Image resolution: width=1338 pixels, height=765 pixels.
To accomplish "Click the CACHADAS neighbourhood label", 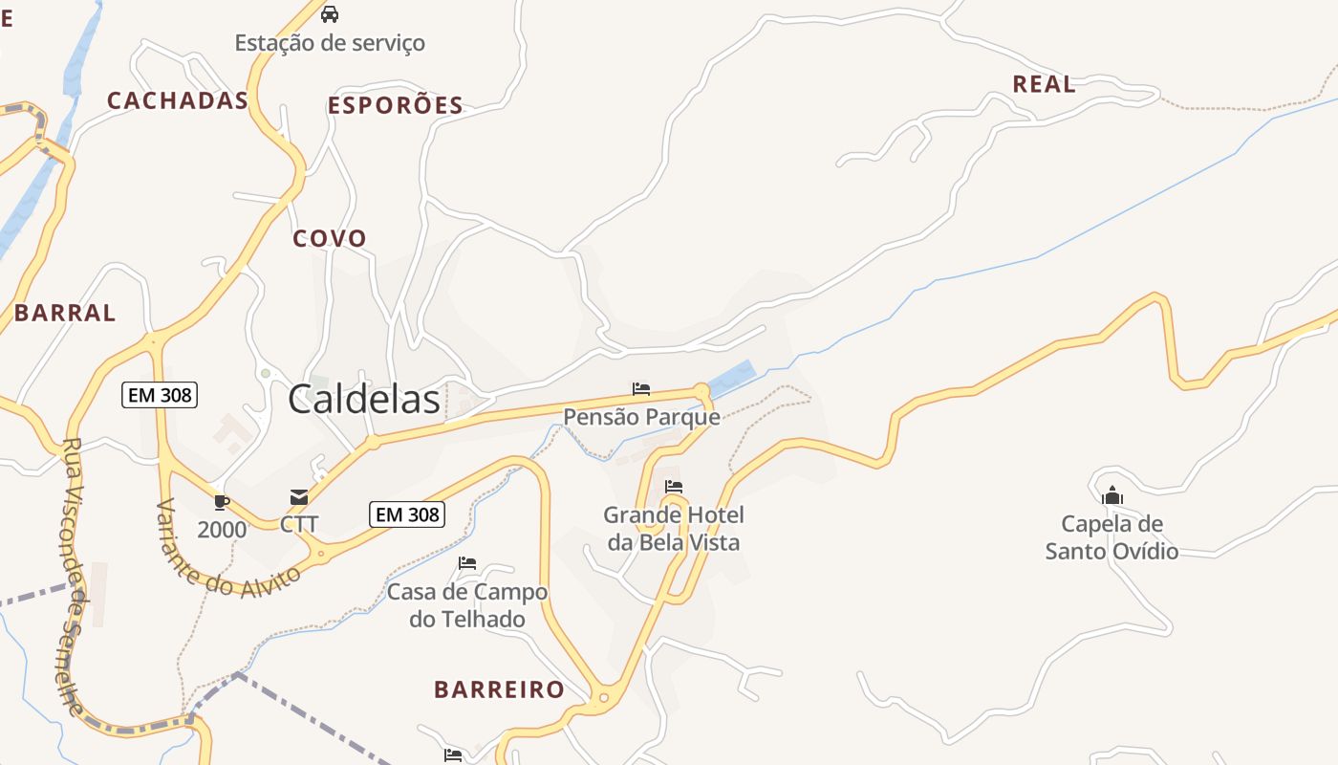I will pos(178,100).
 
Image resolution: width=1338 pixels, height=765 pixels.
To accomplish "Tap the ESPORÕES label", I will pos(396,105).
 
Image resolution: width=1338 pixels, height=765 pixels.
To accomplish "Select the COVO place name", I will pos(330,238).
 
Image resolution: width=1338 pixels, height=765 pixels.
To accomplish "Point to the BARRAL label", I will pos(65,313).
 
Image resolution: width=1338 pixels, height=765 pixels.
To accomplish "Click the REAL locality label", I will pos(1044,84).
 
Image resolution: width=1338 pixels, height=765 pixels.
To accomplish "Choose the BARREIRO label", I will pos(499,689).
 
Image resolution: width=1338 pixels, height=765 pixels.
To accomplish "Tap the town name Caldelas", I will pos(364,400).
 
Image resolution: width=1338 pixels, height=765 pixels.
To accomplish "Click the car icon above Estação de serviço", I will pos(330,14).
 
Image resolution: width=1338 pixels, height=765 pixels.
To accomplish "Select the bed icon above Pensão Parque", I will pos(641,389).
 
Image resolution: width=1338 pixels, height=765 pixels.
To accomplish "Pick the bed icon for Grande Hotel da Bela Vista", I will pos(674,487).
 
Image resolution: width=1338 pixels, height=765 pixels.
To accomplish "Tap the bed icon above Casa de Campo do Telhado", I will pos(467,563).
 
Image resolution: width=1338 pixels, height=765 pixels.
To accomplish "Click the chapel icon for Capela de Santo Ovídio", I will pos(1111,495).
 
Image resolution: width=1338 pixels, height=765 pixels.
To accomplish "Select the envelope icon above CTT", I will pos(299,497).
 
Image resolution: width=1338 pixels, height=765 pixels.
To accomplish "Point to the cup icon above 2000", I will pos(222,502).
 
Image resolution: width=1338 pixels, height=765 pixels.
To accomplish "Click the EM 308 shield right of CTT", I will pos(407,514).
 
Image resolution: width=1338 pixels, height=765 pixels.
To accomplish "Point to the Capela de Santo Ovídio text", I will pos(1111,537).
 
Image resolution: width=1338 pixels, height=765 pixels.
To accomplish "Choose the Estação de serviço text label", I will pos(330,43).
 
